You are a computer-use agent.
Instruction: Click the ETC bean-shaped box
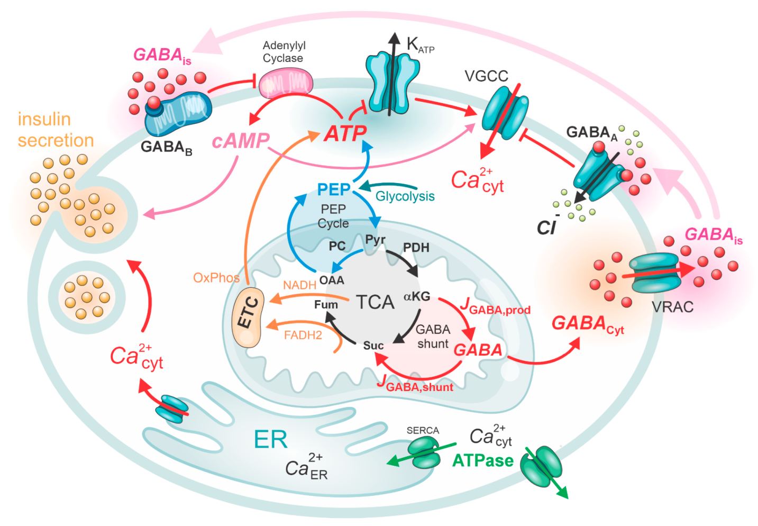(248, 318)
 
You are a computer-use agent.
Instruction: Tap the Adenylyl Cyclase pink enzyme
(286, 83)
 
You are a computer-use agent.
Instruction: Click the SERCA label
(423, 430)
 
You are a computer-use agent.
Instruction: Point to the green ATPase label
(482, 461)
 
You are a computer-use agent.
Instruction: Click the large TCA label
(375, 302)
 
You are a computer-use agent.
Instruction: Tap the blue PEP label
(334, 189)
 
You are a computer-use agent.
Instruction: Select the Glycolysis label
(405, 196)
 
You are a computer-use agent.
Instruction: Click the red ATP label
(345, 133)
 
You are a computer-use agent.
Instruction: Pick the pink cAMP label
(241, 141)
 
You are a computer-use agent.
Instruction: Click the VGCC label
(486, 76)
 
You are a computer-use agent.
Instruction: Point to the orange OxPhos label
(216, 278)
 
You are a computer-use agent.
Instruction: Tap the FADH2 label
(303, 335)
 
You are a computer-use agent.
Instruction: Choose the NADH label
(299, 285)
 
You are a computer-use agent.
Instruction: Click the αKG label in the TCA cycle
(417, 297)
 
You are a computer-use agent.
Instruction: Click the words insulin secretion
(56, 130)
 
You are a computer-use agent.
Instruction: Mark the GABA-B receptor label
(167, 148)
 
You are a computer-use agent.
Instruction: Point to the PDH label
(416, 248)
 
